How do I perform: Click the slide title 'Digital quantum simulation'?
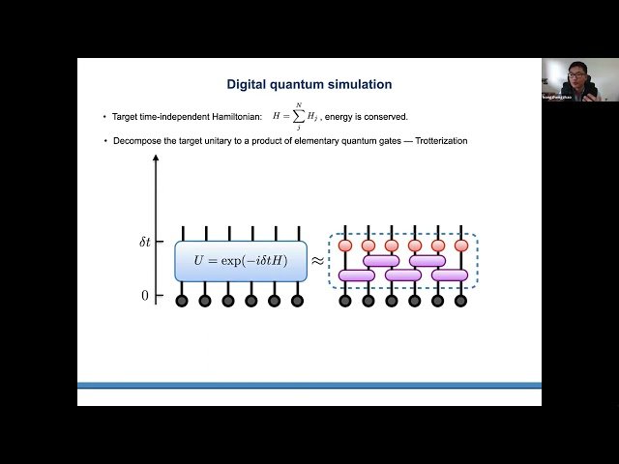[x=309, y=84]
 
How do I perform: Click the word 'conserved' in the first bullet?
[x=382, y=117]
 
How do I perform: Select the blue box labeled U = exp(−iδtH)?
[x=241, y=261]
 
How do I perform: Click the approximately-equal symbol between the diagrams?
[x=317, y=261]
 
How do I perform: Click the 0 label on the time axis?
[x=145, y=296]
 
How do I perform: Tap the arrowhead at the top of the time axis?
[x=156, y=159]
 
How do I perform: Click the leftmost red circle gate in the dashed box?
[x=344, y=246]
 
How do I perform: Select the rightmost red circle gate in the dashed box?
[x=461, y=246]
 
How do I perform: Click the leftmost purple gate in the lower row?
[x=356, y=275]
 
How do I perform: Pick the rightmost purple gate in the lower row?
[x=450, y=275]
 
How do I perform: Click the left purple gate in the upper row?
[x=380, y=260]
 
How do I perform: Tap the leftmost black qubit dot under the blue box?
[x=182, y=301]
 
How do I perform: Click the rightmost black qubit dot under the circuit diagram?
[x=461, y=301]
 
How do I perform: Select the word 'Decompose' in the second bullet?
[x=134, y=141]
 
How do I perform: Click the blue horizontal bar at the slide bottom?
[x=309, y=385]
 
